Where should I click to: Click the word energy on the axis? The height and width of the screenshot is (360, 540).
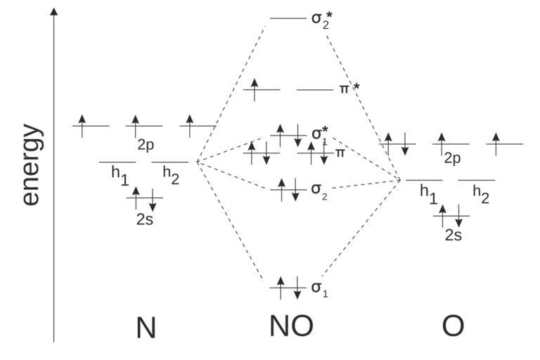point(32,165)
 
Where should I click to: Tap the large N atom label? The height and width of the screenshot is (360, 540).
point(146,328)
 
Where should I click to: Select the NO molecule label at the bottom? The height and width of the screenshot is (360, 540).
point(290,326)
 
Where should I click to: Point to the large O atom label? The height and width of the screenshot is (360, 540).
point(453,326)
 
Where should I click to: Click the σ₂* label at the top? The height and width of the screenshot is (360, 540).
point(321,18)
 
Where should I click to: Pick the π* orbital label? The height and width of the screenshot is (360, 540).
point(350,90)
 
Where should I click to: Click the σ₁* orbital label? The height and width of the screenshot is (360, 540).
point(321,133)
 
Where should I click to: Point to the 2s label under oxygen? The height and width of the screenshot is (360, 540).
point(454,235)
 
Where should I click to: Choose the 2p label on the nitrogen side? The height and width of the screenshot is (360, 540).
point(146,145)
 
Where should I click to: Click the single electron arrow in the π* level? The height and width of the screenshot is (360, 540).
point(255,89)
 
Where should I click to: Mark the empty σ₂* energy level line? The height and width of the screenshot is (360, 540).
point(288,18)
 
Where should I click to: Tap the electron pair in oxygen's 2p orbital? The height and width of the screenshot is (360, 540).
point(397,143)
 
